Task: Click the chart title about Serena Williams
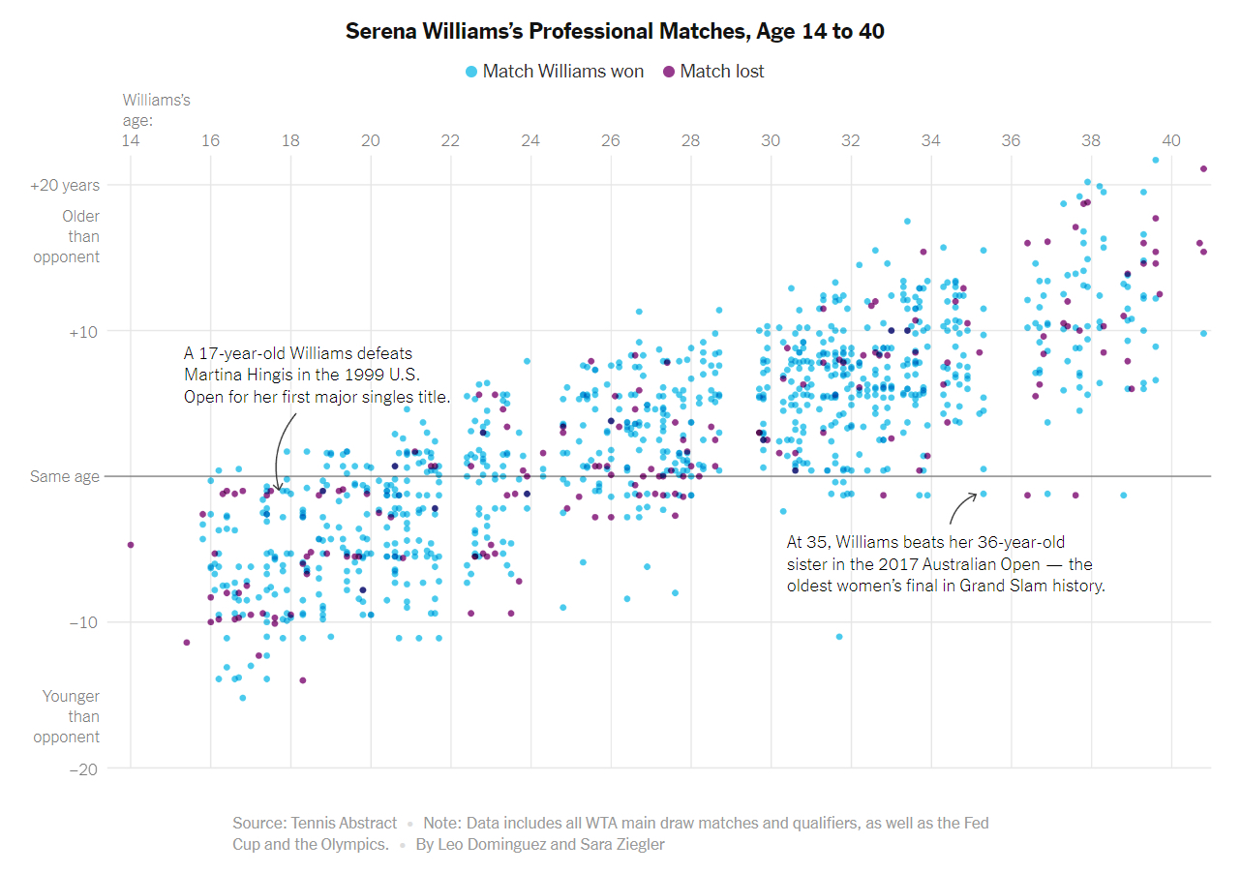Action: [615, 32]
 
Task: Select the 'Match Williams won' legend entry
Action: [555, 71]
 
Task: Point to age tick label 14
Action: [130, 140]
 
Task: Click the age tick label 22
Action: [450, 140]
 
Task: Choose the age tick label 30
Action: [771, 140]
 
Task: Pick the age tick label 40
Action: [1170, 140]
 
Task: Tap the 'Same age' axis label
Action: [65, 476]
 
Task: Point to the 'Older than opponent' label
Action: [67, 236]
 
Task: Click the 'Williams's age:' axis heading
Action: [157, 110]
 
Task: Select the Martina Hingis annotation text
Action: [317, 376]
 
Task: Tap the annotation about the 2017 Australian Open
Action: [945, 564]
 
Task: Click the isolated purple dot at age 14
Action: [131, 545]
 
